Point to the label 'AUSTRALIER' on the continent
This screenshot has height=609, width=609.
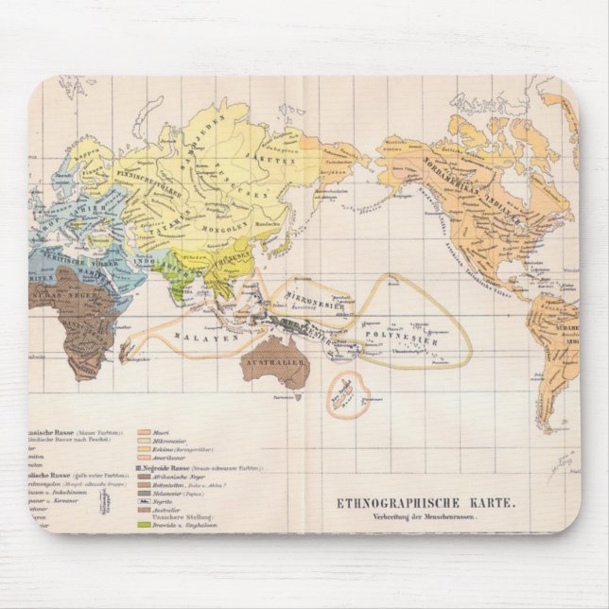pyautogui.click(x=273, y=362)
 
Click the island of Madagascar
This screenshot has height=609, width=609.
pyautogui.click(x=126, y=352)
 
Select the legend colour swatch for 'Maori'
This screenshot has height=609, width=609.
pyautogui.click(x=145, y=431)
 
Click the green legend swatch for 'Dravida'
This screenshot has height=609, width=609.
pyautogui.click(x=145, y=524)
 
